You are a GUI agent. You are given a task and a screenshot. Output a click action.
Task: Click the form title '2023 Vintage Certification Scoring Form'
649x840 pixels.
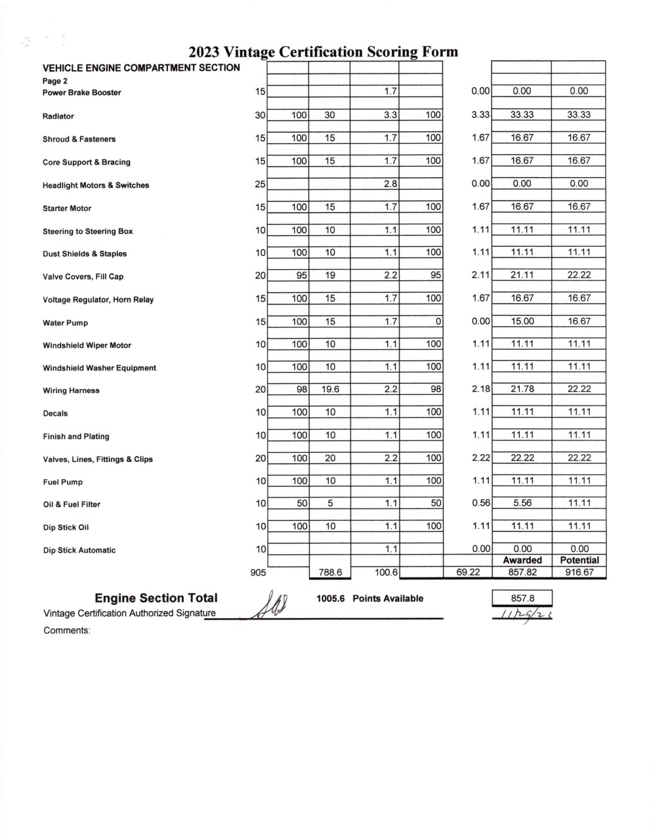[323, 52]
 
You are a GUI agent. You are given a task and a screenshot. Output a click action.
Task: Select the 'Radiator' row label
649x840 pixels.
[58, 116]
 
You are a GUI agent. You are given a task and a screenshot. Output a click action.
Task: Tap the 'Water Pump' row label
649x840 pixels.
[65, 323]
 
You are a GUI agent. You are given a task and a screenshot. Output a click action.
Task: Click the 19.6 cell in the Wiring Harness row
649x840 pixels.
[330, 389]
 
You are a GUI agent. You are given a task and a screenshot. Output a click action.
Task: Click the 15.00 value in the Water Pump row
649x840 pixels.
[522, 321]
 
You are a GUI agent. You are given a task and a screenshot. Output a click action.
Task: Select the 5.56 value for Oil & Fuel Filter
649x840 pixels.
[522, 503]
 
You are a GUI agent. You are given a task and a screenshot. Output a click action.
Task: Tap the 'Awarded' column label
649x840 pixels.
[522, 560]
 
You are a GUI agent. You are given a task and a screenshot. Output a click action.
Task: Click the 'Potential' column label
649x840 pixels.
[579, 560]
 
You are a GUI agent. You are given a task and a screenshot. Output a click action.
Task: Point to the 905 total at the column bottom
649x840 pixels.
[259, 573]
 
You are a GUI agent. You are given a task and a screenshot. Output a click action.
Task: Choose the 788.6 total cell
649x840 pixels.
[330, 573]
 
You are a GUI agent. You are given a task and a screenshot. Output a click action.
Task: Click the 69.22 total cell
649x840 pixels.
[468, 572]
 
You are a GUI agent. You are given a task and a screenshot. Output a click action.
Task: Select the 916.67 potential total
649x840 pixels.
[579, 572]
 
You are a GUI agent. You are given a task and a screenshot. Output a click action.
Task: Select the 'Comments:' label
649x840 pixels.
[66, 631]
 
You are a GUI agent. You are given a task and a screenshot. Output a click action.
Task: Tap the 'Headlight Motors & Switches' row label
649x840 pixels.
[96, 185]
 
